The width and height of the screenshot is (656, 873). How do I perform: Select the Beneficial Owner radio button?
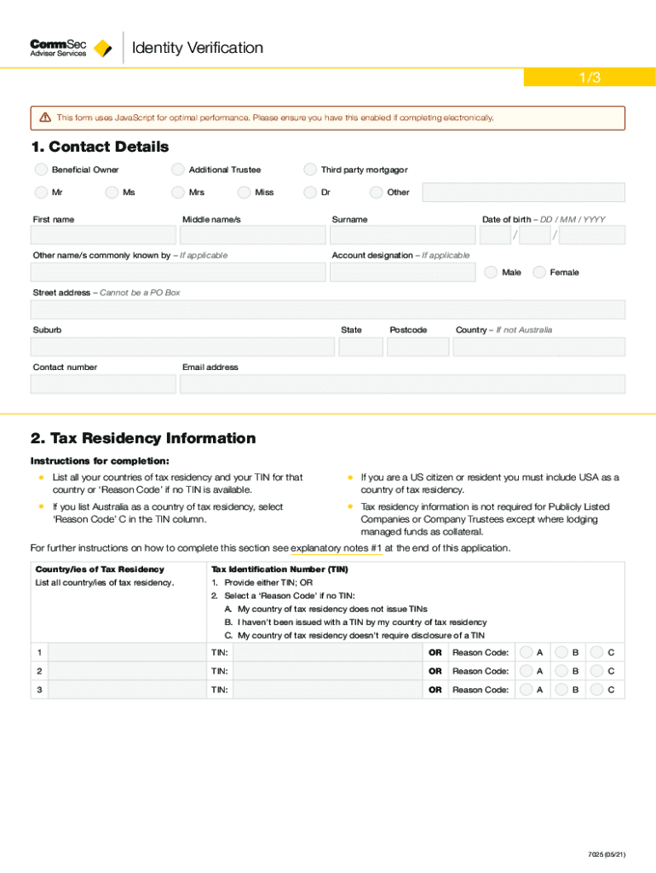[40, 170]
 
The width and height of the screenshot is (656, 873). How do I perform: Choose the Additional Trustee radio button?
[177, 170]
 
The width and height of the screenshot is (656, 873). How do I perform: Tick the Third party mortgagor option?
[310, 170]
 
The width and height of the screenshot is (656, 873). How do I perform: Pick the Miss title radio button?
[244, 193]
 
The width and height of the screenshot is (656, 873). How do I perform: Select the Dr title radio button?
[310, 193]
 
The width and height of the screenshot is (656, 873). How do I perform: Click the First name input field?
[103, 235]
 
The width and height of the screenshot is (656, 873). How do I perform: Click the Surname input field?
[402, 235]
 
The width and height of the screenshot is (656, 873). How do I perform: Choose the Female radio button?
[539, 273]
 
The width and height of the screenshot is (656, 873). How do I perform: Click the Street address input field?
[327, 309]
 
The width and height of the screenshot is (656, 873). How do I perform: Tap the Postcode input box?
[417, 347]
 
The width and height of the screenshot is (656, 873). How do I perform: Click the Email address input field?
[402, 384]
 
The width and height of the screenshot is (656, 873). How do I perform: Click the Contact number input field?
[103, 384]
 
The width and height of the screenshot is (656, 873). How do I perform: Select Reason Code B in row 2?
[561, 671]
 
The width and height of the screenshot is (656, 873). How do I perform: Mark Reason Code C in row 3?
[597, 690]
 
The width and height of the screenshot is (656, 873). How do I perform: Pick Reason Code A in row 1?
[527, 652]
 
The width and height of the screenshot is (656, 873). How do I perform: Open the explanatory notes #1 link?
[336, 548]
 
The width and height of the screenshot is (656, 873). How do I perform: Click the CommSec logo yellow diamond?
[103, 49]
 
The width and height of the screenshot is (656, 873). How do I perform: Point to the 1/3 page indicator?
[590, 78]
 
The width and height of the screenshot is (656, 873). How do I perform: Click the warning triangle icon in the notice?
[45, 118]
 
